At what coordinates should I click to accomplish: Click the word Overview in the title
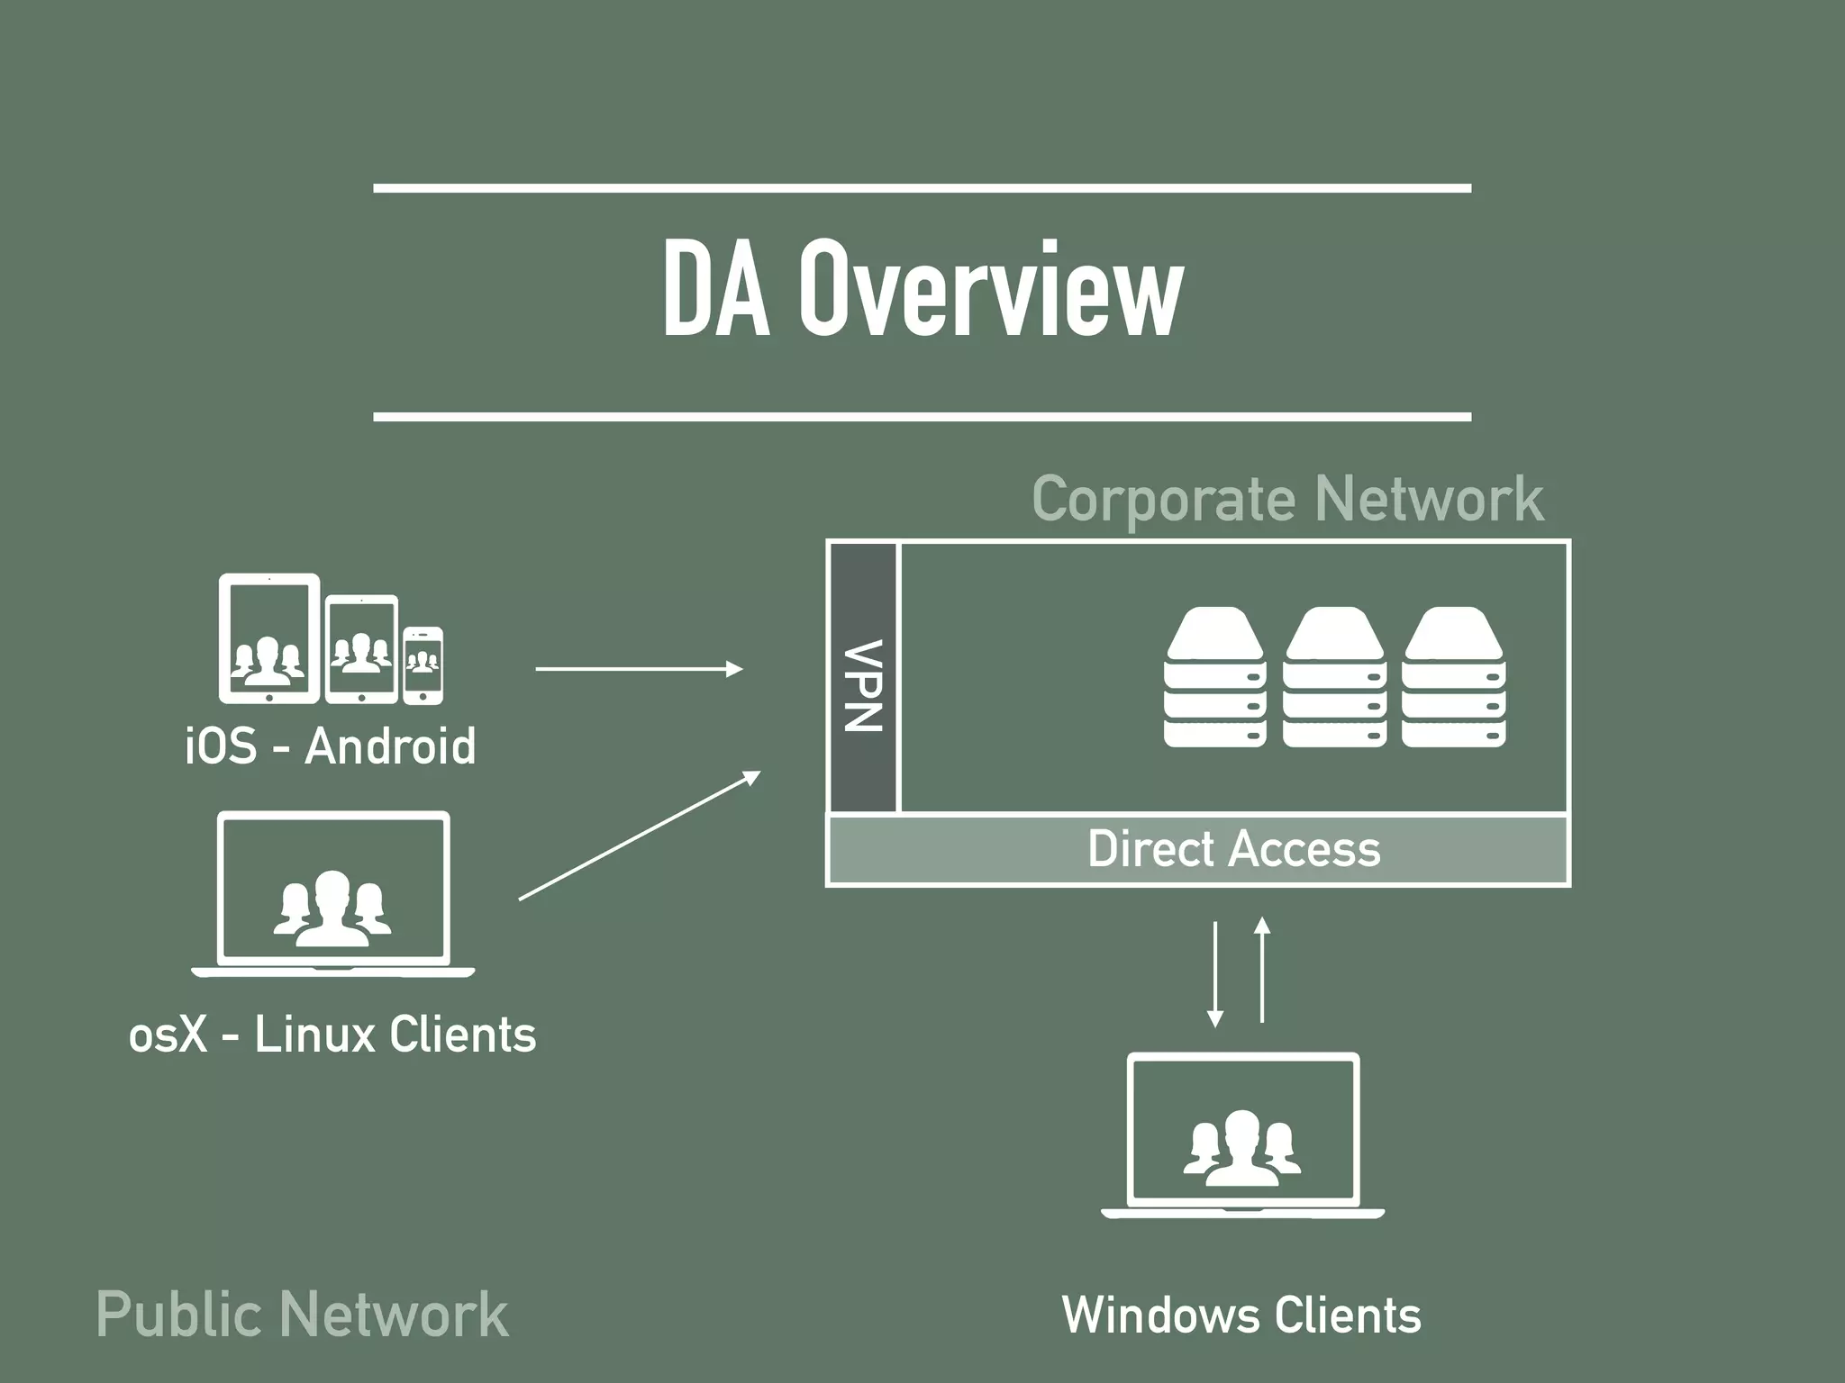pos(990,290)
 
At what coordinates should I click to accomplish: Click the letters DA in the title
pos(716,290)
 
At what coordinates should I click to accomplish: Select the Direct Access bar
pos(1198,849)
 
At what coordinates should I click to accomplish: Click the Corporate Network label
pos(1287,499)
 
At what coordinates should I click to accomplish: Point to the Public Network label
pos(302,1315)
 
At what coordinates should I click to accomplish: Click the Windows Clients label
pos(1241,1315)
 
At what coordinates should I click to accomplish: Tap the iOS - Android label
pos(330,746)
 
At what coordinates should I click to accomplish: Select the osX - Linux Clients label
pos(332,1035)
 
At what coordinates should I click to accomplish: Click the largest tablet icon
pos(269,638)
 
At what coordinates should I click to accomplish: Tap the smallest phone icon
pos(423,665)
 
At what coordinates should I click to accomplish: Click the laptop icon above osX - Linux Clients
pos(332,894)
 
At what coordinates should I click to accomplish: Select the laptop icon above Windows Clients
pos(1242,1135)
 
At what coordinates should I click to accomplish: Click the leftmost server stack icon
pos(1214,677)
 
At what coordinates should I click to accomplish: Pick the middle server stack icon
pos(1334,677)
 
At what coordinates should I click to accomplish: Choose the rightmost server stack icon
pos(1454,677)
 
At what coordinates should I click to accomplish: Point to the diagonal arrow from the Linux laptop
pos(639,836)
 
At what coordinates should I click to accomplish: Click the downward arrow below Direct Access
pos(1215,973)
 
